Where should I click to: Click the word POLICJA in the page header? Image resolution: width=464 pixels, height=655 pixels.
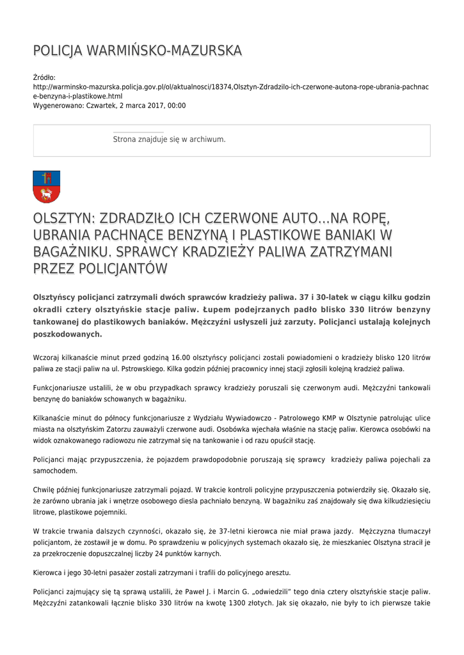[x=58, y=51]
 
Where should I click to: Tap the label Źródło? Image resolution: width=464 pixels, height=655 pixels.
[x=44, y=77]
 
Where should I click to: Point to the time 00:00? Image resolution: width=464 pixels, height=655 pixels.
[x=177, y=106]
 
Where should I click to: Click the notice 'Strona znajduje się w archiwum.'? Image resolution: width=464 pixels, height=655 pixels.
[x=169, y=139]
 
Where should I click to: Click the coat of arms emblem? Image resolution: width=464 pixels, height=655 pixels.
[x=46, y=186]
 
